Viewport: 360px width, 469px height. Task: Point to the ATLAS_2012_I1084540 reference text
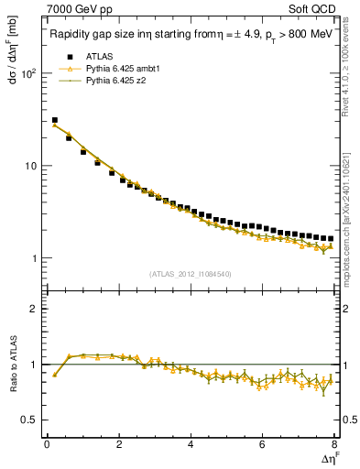point(190,273)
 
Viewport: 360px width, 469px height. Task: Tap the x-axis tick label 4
point(191,446)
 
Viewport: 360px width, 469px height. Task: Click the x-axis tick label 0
point(47,446)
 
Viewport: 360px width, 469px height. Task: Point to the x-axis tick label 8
point(334,446)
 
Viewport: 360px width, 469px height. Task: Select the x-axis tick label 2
point(119,446)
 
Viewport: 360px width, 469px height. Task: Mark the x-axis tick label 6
point(263,446)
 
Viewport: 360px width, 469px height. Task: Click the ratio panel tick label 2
point(33,309)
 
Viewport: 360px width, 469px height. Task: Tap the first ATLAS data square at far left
point(54,120)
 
